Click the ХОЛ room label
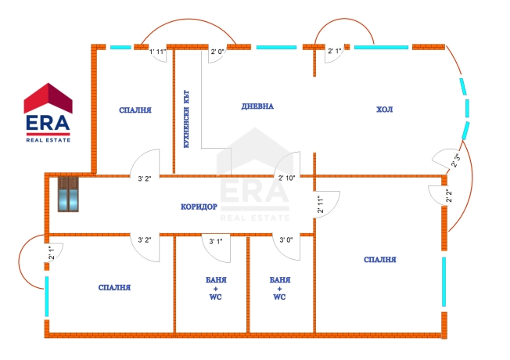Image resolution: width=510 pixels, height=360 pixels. tap(384, 110)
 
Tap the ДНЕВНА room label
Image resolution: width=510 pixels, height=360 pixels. tap(257, 106)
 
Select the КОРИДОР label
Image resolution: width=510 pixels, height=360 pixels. tap(199, 207)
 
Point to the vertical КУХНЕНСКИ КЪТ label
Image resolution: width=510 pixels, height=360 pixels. tap(187, 119)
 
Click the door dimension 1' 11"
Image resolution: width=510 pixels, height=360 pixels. tap(158, 52)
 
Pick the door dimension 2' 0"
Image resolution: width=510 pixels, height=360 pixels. tap(217, 52)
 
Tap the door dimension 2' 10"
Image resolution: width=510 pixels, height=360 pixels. tap(286, 178)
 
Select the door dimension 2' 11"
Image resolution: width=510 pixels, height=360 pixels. tap(321, 204)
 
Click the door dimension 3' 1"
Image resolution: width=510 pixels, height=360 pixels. tap(216, 241)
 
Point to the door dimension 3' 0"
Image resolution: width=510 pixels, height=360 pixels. tap(286, 240)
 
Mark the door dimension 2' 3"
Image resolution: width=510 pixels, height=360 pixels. tap(455, 160)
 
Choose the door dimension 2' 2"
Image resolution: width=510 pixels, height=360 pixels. tap(449, 196)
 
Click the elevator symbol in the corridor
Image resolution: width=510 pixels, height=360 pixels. tap(68, 194)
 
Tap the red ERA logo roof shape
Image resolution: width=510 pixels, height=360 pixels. tap(48, 99)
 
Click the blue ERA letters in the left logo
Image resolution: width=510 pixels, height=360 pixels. tap(48, 123)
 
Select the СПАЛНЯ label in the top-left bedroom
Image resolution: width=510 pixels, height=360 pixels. tap(135, 110)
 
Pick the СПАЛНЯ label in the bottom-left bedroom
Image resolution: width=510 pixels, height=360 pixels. tap(114, 288)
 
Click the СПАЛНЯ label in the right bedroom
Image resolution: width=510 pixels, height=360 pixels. tap(380, 260)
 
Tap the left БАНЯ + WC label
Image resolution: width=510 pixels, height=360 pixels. tap(216, 288)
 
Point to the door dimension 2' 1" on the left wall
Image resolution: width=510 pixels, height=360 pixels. tap(52, 253)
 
